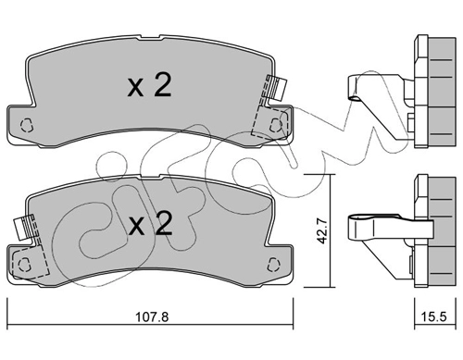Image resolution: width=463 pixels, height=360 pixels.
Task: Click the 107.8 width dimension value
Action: point(152,317)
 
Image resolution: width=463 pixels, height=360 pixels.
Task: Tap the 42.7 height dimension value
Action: point(322,231)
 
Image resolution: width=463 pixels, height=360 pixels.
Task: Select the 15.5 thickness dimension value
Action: point(433,317)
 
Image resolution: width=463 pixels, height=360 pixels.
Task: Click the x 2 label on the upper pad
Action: point(149,85)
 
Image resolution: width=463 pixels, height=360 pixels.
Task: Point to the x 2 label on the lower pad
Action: point(150,224)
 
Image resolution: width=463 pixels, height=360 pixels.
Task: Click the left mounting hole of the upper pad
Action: point(27,125)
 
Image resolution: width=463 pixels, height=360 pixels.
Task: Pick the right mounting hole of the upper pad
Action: point(276,125)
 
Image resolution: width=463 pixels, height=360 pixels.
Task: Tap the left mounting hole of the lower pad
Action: point(24,265)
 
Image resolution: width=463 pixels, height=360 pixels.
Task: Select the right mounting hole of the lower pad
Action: point(273,265)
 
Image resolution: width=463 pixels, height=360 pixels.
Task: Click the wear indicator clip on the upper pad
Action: point(277,88)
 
